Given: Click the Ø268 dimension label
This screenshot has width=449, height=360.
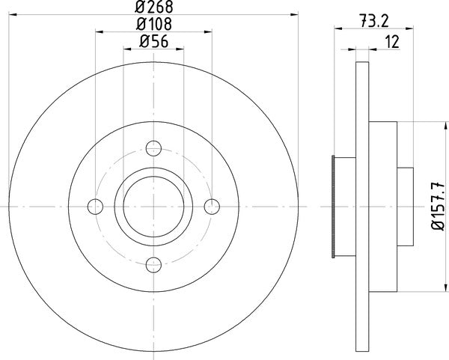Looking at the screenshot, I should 153,8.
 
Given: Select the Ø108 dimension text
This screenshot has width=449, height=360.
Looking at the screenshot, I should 153,25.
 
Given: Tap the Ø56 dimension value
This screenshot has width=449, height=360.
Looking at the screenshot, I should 153,43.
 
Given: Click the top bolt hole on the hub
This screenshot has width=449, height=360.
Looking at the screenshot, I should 153,147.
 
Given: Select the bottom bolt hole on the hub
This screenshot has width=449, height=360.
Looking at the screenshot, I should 153,263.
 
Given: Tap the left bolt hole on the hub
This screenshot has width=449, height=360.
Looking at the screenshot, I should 96,206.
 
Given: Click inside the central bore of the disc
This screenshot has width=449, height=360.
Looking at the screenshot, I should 153,206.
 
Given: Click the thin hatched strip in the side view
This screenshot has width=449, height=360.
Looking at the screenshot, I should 332,206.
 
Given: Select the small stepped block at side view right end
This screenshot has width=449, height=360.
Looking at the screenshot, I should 404,206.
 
